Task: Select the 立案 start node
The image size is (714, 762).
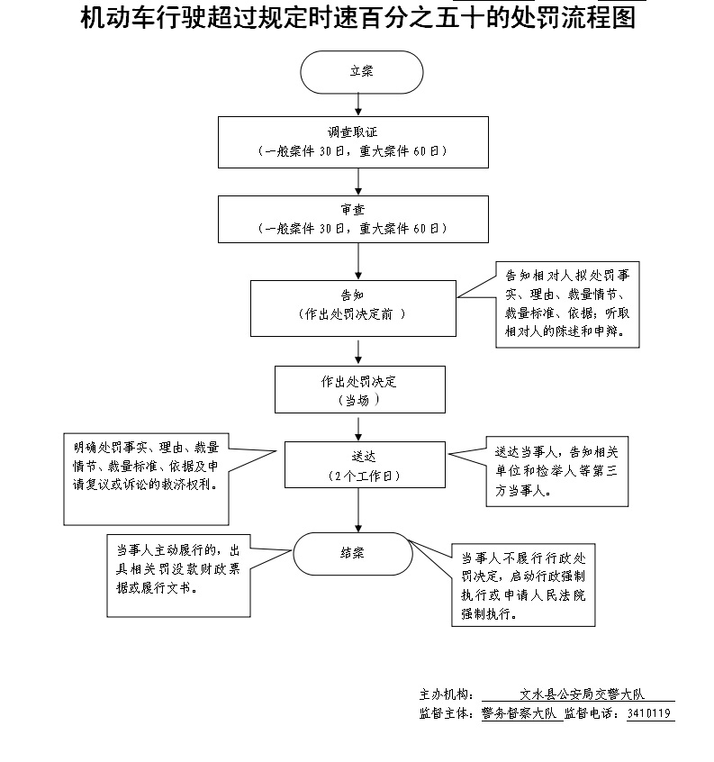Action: click(x=361, y=72)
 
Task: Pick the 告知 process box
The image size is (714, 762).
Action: click(x=352, y=305)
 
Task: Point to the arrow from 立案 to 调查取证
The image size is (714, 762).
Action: click(x=360, y=104)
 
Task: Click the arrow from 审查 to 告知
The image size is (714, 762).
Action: click(x=359, y=261)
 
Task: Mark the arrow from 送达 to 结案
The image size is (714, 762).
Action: click(x=359, y=510)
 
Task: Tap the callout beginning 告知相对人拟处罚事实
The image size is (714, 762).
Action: click(x=572, y=306)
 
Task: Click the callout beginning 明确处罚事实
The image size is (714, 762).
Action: click(x=144, y=480)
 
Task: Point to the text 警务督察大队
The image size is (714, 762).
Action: click(x=520, y=714)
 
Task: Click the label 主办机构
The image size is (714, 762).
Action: click(x=445, y=694)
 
